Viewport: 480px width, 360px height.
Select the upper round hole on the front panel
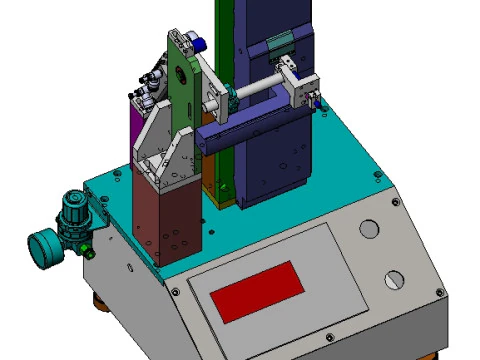pyautogui.click(x=368, y=228)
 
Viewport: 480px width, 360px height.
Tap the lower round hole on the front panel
pyautogui.click(x=395, y=279)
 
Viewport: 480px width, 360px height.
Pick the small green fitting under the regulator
pyautogui.click(x=88, y=241)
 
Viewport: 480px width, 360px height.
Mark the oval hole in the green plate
pyautogui.click(x=185, y=73)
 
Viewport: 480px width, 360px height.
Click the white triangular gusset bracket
pyautogui.click(x=160, y=145)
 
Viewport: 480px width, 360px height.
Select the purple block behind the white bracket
pyautogui.click(x=133, y=130)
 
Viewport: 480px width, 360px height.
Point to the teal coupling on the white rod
pyautogui.click(x=229, y=96)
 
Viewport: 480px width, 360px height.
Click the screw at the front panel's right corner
pyautogui.click(x=437, y=290)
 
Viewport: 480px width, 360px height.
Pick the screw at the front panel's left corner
pyautogui.click(x=176, y=291)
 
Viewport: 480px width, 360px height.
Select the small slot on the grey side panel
pyautogui.click(x=126, y=267)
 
